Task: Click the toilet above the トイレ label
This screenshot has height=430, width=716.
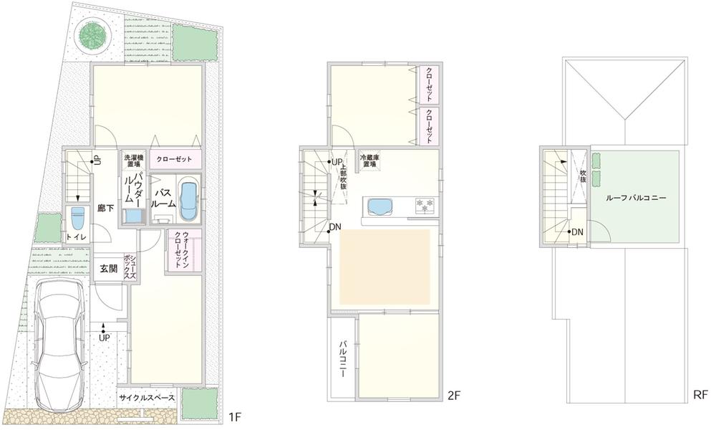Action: coord(77,217)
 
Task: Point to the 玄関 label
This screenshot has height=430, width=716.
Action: coord(108,269)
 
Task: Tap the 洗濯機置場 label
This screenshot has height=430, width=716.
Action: coord(132,162)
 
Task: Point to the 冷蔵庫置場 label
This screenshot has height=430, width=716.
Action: coord(369,161)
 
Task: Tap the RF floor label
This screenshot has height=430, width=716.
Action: coord(700,395)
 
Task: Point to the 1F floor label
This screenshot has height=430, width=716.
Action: coord(233,416)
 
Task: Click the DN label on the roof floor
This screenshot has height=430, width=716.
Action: coord(578,232)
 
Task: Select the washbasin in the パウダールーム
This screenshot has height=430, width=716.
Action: coord(131,216)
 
